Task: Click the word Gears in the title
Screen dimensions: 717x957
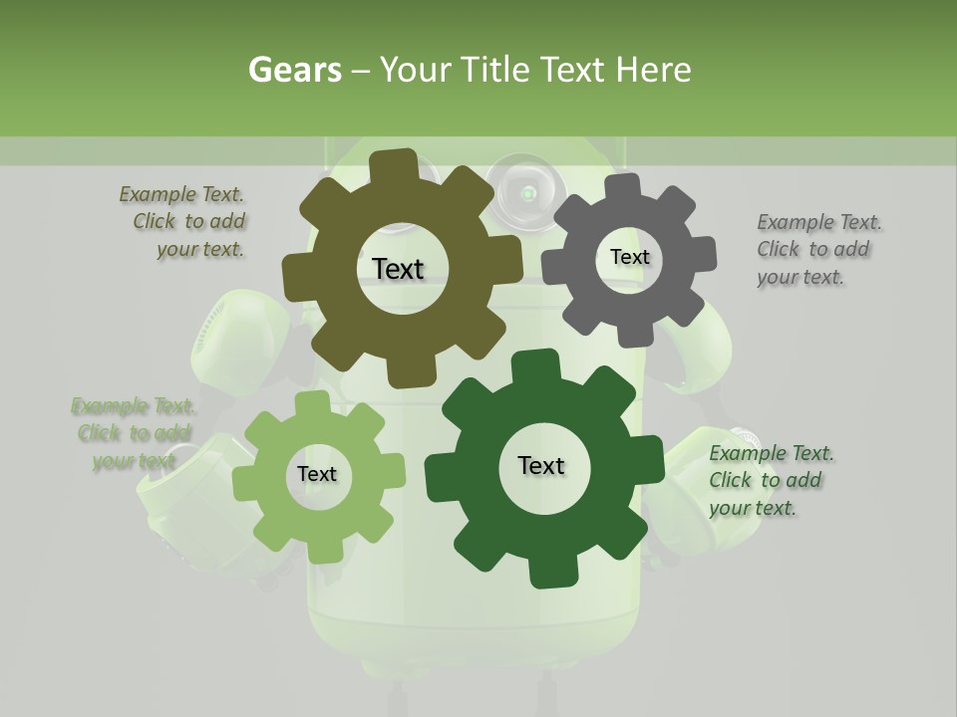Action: click(294, 70)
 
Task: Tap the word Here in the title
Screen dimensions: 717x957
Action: click(653, 70)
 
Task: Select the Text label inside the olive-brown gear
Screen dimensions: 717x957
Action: click(398, 269)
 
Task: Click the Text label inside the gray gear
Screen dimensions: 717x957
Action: click(629, 257)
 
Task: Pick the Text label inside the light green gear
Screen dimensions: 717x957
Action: click(317, 474)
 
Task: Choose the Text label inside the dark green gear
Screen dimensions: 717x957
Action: click(541, 465)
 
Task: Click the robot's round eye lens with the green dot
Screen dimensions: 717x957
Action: click(525, 191)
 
